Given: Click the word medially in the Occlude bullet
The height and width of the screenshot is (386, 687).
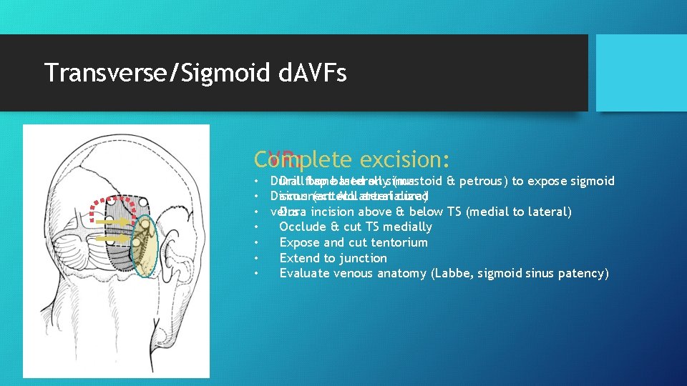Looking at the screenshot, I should [408, 227].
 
